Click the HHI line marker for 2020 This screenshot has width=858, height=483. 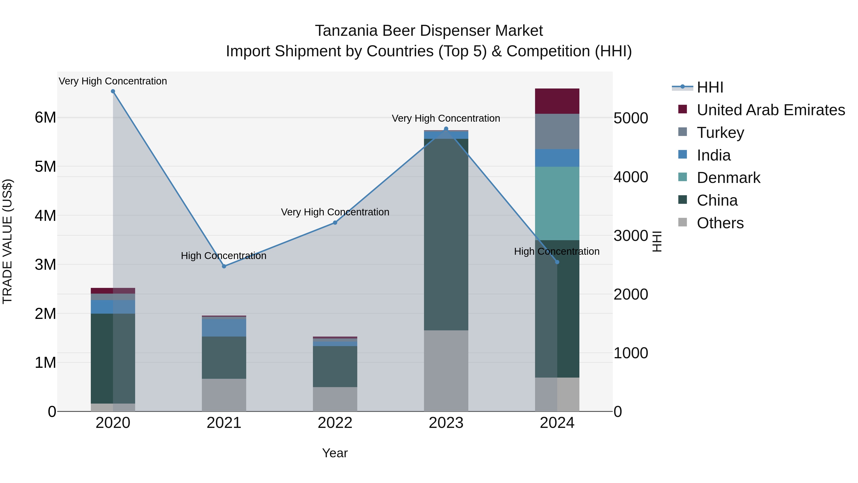click(113, 91)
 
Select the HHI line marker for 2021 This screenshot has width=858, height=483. click(224, 266)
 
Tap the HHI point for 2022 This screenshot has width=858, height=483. click(335, 223)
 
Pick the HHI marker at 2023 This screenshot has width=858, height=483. click(446, 129)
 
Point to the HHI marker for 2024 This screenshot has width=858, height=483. click(557, 262)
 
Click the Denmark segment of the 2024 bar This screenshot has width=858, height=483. click(557, 203)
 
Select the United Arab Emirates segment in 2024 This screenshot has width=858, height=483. click(557, 101)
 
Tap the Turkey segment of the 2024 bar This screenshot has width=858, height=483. click(557, 131)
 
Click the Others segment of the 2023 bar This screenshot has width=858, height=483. click(446, 371)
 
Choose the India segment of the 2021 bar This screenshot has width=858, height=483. click(224, 328)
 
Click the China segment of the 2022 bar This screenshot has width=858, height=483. click(335, 366)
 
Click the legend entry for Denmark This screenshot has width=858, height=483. click(728, 178)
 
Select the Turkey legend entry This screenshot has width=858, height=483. click(720, 132)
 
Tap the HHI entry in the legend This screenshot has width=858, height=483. click(710, 87)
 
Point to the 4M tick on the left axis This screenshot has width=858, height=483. click(45, 216)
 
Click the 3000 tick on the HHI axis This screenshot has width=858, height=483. click(630, 236)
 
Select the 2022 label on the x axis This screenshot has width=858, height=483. click(335, 423)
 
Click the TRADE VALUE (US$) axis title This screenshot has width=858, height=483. click(7, 241)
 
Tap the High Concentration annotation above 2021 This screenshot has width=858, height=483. click(224, 256)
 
